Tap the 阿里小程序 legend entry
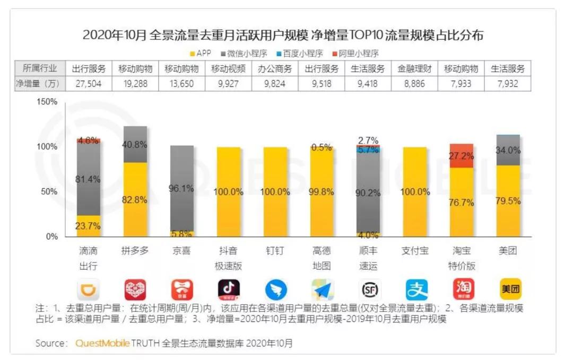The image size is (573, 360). pos(355,54)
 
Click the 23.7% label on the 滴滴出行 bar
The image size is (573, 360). pos(89,226)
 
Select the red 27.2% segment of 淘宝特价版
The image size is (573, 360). pos(462,156)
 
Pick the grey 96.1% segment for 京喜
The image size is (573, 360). pos(182,188)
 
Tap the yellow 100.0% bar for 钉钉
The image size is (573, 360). pos(275,192)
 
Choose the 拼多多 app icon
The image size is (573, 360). pos(135,290)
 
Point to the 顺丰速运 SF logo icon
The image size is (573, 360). pos(369,290)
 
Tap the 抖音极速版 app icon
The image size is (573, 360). pos(229,290)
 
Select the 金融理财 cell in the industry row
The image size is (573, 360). pos(415,69)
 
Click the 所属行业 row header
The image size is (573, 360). pos(38,69)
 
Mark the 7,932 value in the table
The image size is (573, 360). pos(509,83)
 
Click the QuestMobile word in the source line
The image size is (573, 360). pos(102,343)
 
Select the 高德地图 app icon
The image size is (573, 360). pos(322,290)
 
